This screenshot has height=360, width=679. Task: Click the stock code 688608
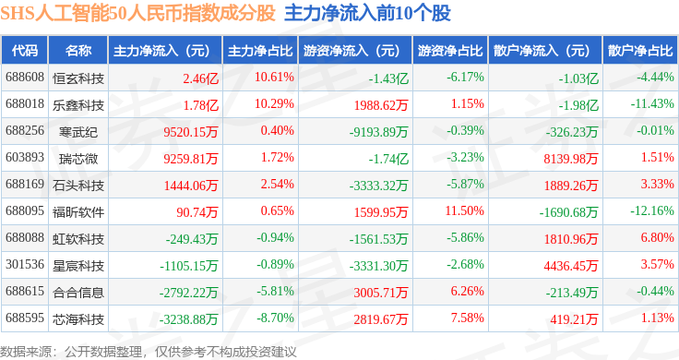(x=25, y=78)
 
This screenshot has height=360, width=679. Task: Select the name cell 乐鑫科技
(x=78, y=105)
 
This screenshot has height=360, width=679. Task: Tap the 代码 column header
(x=25, y=51)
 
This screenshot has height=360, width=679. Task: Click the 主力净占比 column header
(x=260, y=51)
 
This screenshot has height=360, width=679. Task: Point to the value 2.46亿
(x=200, y=78)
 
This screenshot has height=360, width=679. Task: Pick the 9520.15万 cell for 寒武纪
(x=191, y=132)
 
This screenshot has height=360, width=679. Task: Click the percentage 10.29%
(x=274, y=104)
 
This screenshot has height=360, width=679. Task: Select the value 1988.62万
(x=381, y=105)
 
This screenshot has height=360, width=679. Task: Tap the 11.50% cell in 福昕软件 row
(x=465, y=211)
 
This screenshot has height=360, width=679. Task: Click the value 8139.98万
(x=571, y=159)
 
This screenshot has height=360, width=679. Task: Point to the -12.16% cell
(x=652, y=211)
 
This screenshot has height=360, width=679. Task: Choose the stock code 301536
(x=25, y=264)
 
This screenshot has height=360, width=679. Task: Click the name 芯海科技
(x=78, y=319)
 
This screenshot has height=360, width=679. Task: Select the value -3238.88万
(x=188, y=319)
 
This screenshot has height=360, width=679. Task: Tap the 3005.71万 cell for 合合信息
(x=381, y=293)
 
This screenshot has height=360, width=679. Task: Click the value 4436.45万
(x=571, y=266)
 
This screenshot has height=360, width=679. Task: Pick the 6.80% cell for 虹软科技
(x=658, y=238)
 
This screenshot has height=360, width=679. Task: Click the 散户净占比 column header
(x=640, y=51)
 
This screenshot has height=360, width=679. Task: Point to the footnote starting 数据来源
(x=149, y=352)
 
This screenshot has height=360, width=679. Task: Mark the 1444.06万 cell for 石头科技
(x=191, y=186)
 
